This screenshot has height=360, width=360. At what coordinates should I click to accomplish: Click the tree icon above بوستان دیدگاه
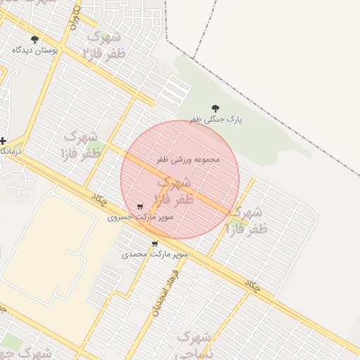[x=35, y=39]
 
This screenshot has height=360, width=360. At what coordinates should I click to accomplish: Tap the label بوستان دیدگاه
[x=35, y=51]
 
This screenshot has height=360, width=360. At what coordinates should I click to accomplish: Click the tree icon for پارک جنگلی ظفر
[x=214, y=108]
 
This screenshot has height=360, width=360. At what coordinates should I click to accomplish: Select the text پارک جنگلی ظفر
[x=215, y=120]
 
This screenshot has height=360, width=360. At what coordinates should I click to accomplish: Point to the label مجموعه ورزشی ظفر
[x=188, y=160]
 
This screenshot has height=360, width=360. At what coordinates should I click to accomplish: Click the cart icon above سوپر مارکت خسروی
[x=140, y=207]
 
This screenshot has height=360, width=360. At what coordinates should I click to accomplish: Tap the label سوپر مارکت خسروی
[x=140, y=217]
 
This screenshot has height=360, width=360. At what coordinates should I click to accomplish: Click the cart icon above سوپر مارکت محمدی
[x=155, y=244]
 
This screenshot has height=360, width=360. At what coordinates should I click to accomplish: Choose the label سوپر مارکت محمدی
[x=155, y=253]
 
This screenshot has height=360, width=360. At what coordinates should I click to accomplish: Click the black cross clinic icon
[x=4, y=141]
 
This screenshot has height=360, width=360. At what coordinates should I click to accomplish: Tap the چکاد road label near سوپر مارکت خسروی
[x=98, y=199]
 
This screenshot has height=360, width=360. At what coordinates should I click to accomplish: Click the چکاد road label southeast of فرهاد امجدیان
[x=252, y=284]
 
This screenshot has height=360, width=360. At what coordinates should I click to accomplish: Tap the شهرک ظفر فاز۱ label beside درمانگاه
[x=82, y=144]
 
